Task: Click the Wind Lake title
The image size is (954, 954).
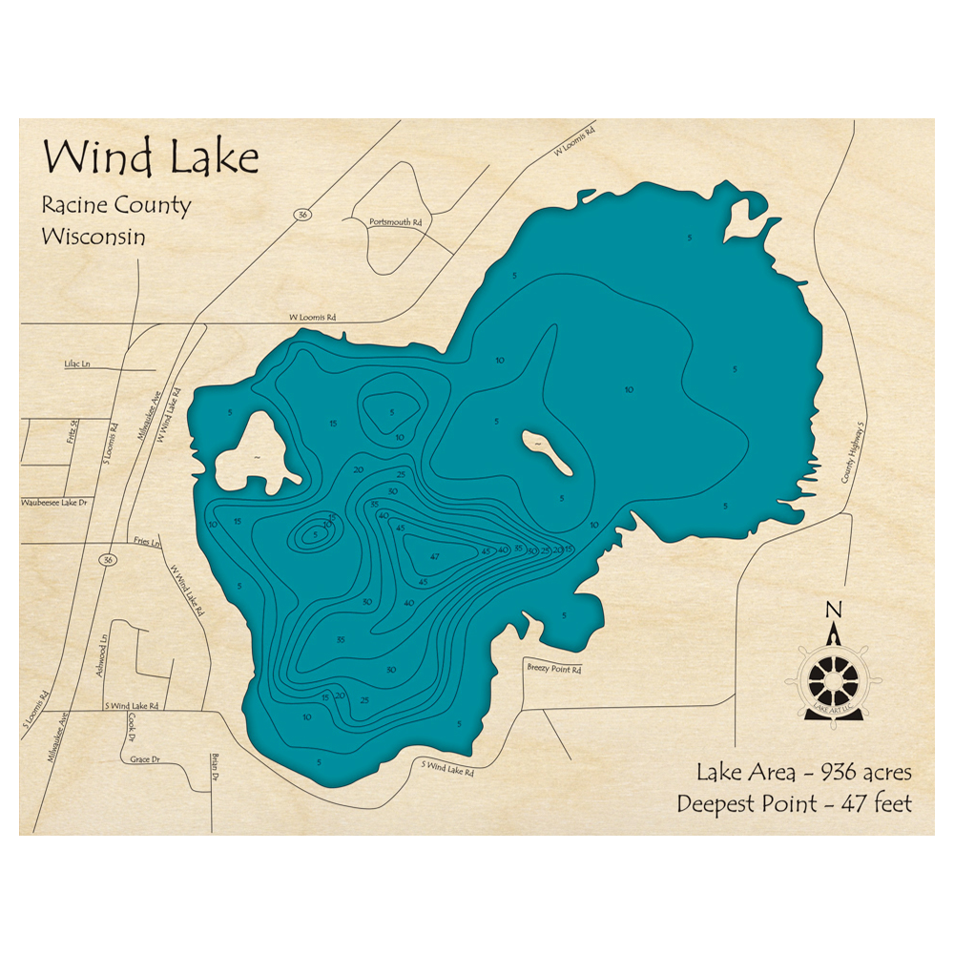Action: pos(151,157)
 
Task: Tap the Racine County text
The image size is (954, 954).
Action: pos(115,205)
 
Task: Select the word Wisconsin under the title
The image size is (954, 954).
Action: pos(93,237)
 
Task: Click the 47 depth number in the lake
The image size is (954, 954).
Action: pos(434,556)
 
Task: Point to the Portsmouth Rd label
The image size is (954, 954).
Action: pos(394,222)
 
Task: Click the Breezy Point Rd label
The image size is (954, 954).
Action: pos(553,670)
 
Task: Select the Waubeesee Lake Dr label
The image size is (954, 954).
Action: pos(53,501)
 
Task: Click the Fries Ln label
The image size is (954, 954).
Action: pos(149,541)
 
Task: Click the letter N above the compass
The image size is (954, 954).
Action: pos(833,611)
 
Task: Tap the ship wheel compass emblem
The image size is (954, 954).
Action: pos(833,678)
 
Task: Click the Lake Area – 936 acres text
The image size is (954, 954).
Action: pos(803,772)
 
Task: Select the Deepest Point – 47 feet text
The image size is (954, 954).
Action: pos(794,804)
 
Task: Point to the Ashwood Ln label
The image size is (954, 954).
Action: pos(100,656)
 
